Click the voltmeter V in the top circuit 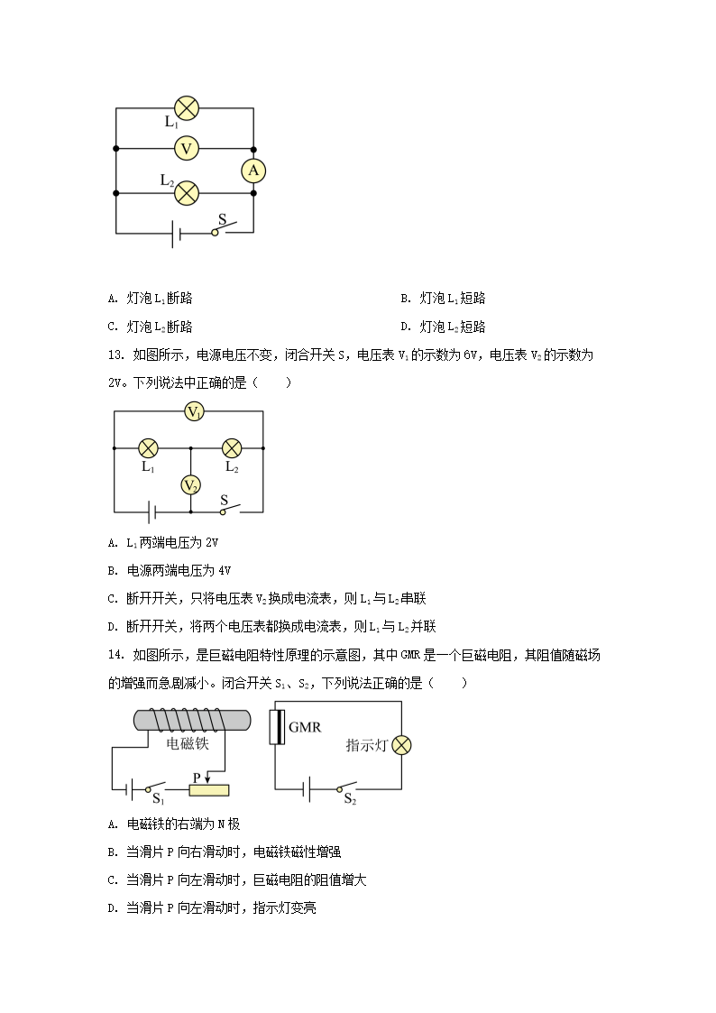click(187, 149)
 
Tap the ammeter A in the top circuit click(253, 170)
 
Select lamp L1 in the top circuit click(187, 108)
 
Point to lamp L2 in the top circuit click(187, 192)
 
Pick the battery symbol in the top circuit click(176, 233)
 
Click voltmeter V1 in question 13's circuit click(195, 411)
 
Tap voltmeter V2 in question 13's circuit click(190, 485)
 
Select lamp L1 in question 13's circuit click(149, 447)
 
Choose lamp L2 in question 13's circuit click(232, 447)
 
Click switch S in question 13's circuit click(229, 509)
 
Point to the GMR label click(305, 727)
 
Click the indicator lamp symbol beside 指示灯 click(401, 745)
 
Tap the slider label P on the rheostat click(197, 778)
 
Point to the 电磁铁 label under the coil click(188, 743)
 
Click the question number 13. click(115, 355)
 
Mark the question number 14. click(115, 655)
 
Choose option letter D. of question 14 click(113, 908)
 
